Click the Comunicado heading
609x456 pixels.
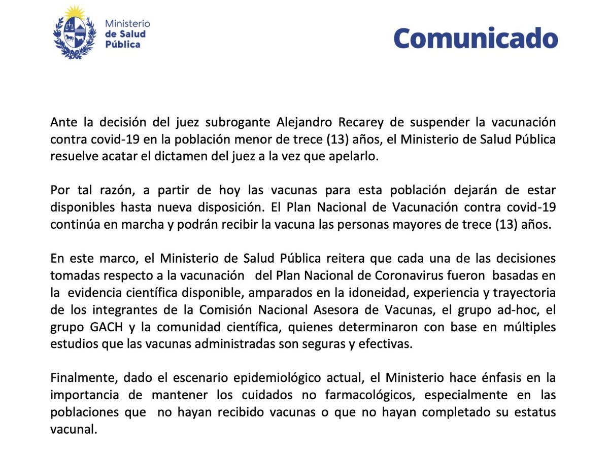click(476, 38)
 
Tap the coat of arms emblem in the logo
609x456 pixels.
click(75, 33)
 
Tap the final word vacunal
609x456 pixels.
click(73, 429)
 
